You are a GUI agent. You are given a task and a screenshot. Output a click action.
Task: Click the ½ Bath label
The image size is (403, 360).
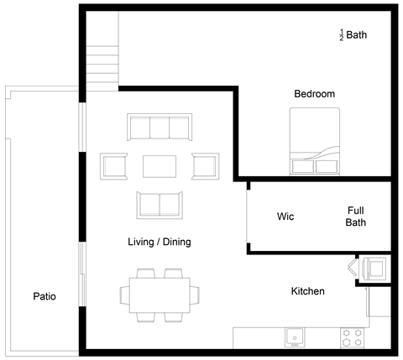coord(353,35)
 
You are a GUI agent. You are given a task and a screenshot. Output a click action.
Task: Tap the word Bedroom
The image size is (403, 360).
coord(314,94)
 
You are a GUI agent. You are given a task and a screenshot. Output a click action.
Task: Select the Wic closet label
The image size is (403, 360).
coord(285,217)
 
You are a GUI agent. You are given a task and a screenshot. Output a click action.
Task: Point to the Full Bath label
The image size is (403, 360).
coord(356,217)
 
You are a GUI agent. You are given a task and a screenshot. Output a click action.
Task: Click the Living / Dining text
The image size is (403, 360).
coord(159,242)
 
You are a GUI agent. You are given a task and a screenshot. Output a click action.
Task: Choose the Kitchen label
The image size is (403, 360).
coord(307,291)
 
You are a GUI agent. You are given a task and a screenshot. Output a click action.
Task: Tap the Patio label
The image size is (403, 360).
coord(44,296)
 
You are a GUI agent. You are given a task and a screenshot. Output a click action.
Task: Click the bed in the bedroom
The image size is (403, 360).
coord(315,144)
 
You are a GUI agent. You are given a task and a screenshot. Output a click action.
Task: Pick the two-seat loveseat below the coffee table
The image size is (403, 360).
coord(159,205)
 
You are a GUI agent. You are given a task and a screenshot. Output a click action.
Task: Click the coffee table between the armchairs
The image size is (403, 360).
coord(160,166)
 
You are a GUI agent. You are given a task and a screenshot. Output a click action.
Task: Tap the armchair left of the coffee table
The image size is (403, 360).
coord(113,166)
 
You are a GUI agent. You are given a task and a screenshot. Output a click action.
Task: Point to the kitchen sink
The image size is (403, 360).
coord(295,337)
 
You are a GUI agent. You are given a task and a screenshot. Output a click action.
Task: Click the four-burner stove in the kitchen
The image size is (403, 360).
coord(351,337)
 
